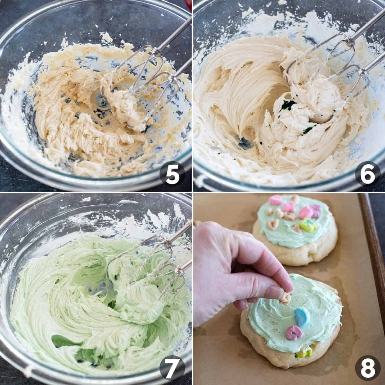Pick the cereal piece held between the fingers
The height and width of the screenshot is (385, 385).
coord(285,298)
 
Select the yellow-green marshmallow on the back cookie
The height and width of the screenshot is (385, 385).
coord(308,226)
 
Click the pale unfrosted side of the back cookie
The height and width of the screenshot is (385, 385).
coord(295,257)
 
